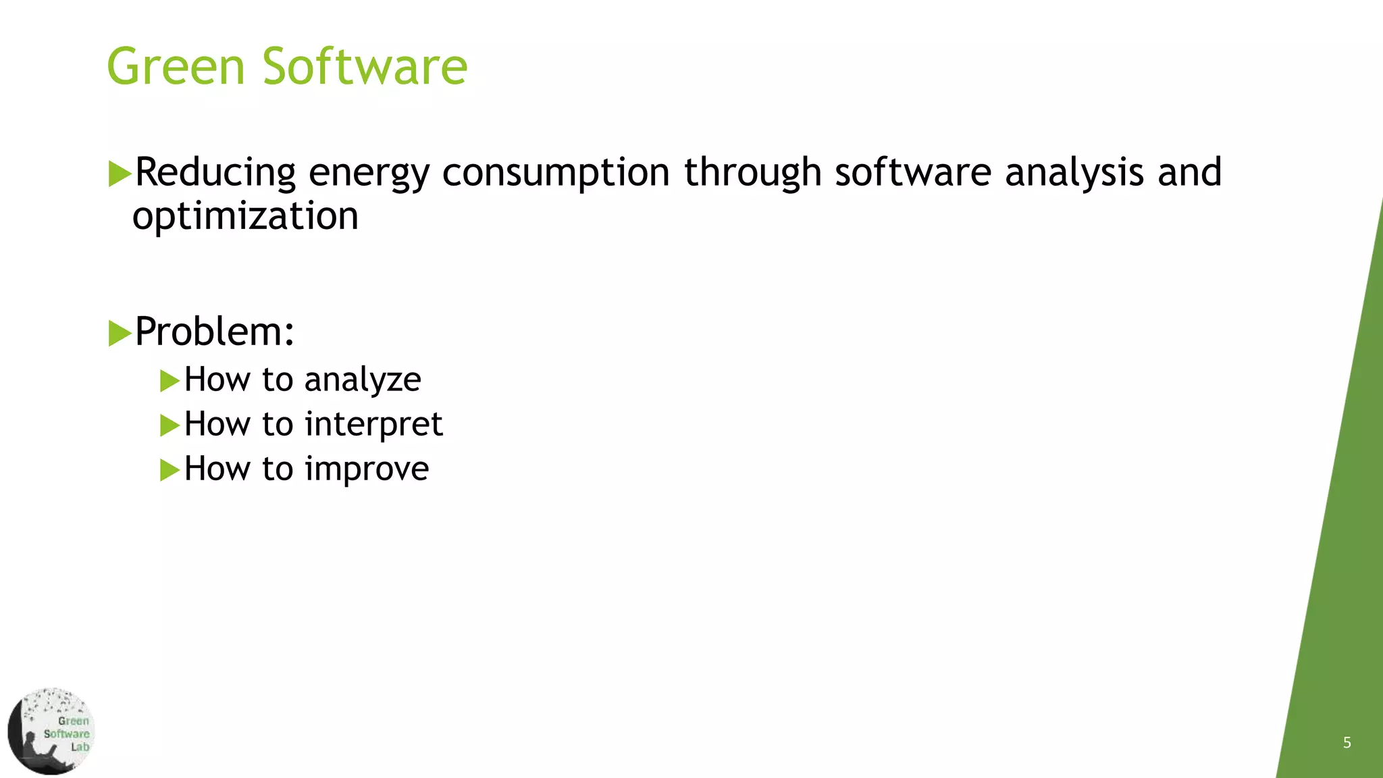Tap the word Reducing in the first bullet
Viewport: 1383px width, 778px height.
tap(215, 172)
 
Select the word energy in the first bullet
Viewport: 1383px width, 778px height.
tap(369, 174)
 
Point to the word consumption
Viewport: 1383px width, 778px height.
tap(556, 174)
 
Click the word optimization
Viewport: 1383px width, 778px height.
tap(245, 216)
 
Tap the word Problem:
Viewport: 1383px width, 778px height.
tap(215, 332)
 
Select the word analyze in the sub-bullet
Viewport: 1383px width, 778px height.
tap(363, 380)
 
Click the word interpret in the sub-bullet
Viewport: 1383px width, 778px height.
tap(373, 425)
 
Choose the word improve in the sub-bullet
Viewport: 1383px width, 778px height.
tap(367, 469)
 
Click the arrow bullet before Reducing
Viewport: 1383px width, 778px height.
tap(120, 174)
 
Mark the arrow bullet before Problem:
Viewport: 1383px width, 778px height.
tap(120, 333)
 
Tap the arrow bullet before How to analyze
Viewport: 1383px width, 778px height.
tap(169, 381)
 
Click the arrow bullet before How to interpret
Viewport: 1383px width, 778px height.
tap(169, 425)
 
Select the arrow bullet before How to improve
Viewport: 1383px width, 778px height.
tap(169, 470)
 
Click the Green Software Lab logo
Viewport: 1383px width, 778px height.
tap(51, 731)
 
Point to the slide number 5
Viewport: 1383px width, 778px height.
tap(1347, 743)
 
